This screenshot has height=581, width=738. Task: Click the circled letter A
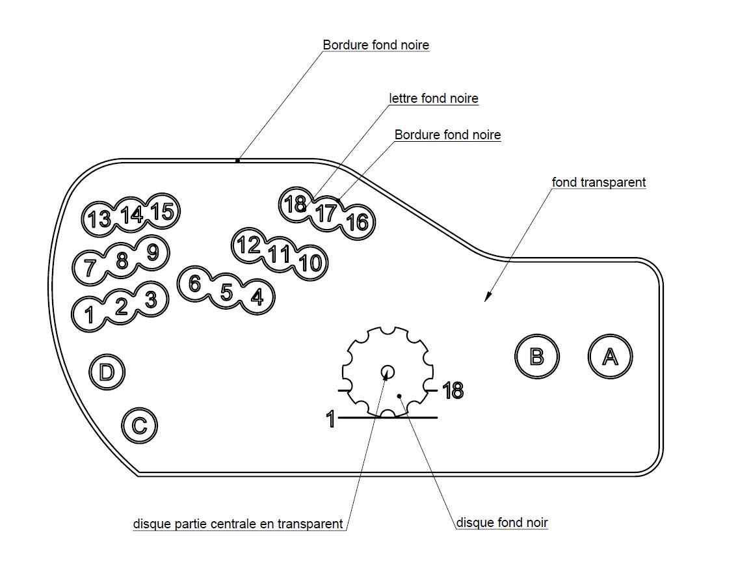click(x=610, y=357)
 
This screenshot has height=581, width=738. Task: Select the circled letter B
click(x=536, y=357)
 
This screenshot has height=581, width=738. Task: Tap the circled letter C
click(x=139, y=426)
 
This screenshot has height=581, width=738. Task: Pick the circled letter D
click(x=107, y=372)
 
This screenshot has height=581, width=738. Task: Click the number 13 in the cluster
click(x=99, y=219)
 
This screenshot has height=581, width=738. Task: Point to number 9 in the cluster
click(x=152, y=252)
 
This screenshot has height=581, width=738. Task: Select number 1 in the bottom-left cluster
click(x=90, y=315)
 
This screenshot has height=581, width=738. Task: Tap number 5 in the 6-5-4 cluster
click(x=226, y=292)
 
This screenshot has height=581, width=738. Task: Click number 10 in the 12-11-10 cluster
click(x=310, y=263)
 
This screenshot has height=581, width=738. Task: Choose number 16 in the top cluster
click(x=357, y=223)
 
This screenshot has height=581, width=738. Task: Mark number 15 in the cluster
click(x=163, y=211)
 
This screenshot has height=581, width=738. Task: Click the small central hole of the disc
click(x=388, y=372)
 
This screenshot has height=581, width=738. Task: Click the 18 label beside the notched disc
click(x=453, y=391)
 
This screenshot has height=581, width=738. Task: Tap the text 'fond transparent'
click(x=599, y=182)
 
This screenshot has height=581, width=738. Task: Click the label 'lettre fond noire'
click(x=434, y=98)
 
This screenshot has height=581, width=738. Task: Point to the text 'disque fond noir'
click(x=502, y=522)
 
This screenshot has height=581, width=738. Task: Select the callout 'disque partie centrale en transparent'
click(x=238, y=524)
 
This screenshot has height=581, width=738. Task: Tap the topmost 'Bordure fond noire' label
click(x=376, y=45)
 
